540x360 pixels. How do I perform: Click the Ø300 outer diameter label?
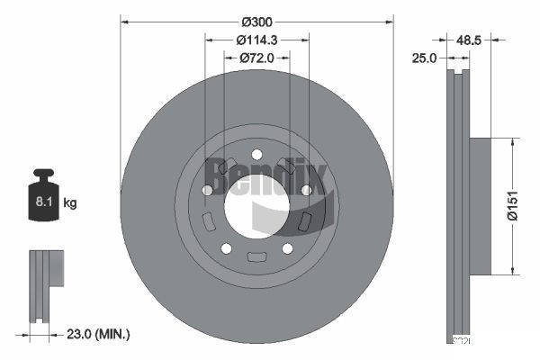tap(257, 20)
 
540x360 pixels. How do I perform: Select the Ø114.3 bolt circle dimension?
tap(256, 40)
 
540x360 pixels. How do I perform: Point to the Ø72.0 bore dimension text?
tap(256, 58)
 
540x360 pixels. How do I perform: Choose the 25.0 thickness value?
tap(425, 58)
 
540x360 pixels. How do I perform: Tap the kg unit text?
tap(70, 203)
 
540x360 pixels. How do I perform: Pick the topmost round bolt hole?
tap(256, 154)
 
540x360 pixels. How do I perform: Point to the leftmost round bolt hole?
tap(207, 191)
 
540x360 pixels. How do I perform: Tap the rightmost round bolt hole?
tap(306, 190)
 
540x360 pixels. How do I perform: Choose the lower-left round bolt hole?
tap(226, 248)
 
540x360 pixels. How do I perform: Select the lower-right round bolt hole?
tap(287, 248)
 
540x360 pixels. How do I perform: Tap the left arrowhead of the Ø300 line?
tap(123, 20)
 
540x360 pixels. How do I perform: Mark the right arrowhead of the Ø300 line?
tap(391, 20)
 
